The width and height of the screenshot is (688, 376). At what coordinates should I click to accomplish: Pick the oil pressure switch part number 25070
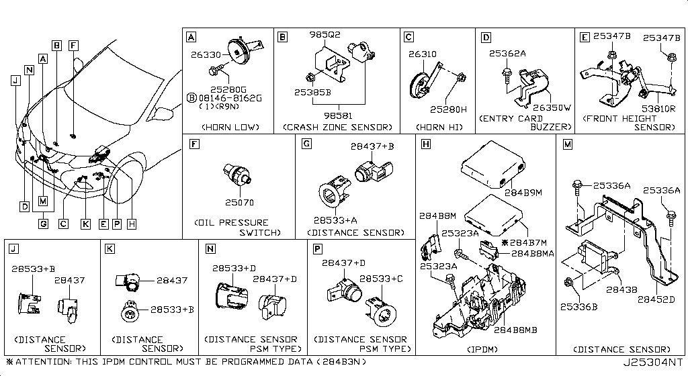tap(240, 201)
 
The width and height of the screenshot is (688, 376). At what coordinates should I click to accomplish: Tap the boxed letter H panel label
tap(426, 143)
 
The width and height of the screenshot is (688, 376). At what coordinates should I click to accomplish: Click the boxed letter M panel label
tap(568, 143)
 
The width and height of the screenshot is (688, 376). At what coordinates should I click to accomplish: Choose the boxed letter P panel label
tap(317, 248)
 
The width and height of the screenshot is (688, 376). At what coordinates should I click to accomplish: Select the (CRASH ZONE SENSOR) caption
tap(337, 126)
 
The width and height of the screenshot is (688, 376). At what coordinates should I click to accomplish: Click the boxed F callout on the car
tap(73, 46)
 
